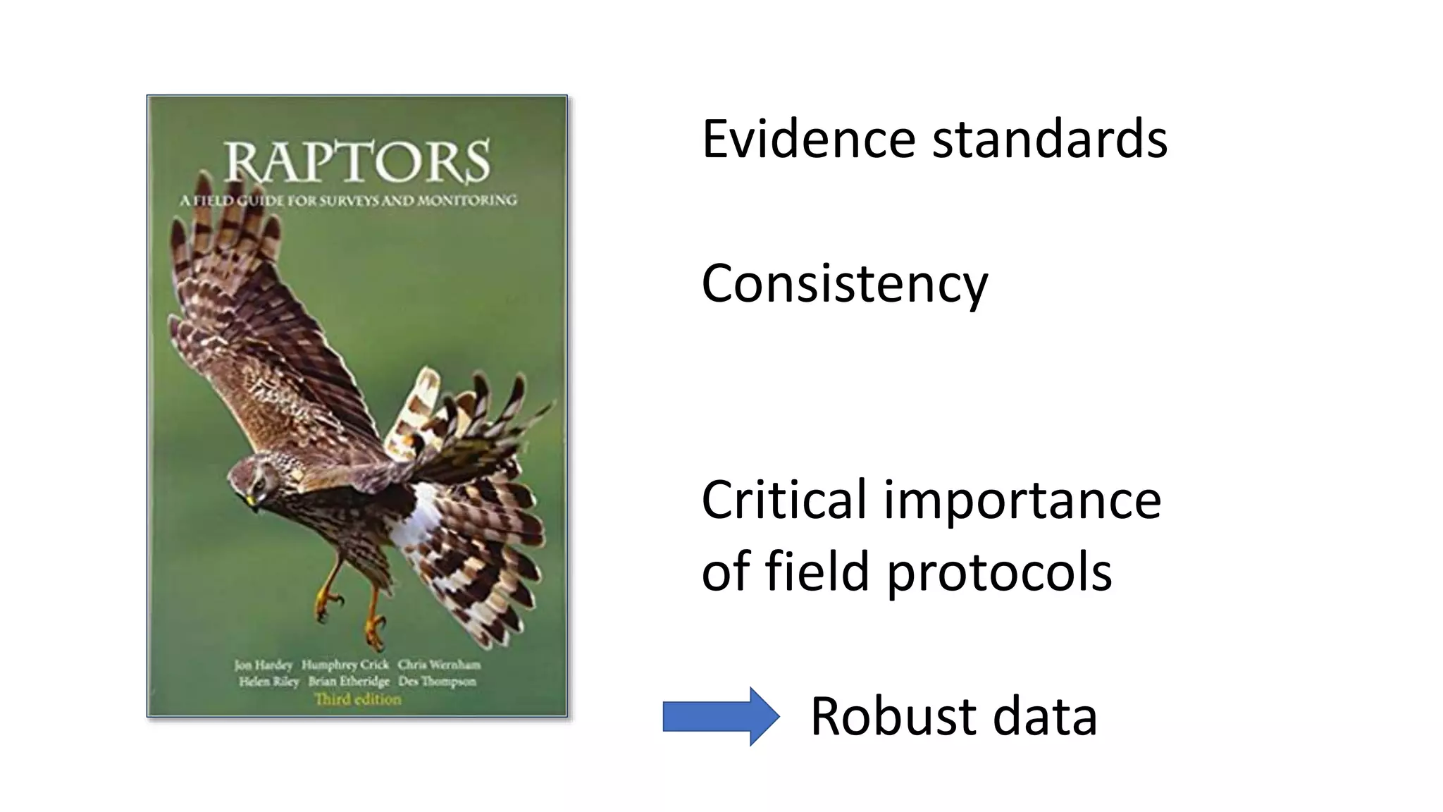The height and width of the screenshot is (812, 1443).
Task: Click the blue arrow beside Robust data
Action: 720,716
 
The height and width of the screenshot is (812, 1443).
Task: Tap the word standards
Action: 1050,139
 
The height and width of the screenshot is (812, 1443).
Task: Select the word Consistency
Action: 844,283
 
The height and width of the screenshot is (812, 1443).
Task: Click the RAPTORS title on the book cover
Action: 357,161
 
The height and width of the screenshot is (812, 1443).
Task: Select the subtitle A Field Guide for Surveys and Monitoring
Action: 348,201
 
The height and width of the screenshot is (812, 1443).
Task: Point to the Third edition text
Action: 357,699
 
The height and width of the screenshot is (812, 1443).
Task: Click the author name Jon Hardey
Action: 263,665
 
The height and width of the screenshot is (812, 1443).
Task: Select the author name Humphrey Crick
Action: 345,665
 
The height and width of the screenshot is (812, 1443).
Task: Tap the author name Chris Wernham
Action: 439,665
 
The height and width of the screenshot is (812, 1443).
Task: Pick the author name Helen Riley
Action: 268,682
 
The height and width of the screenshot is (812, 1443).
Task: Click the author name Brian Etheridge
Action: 348,682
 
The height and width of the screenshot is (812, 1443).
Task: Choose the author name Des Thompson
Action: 437,682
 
